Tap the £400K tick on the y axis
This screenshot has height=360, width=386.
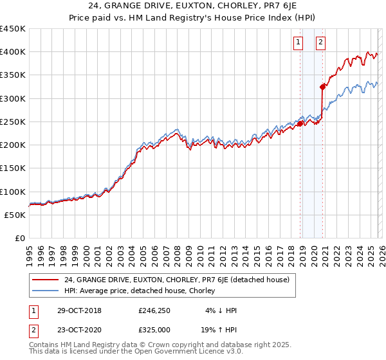click(13, 52)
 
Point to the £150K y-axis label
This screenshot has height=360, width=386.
click(13, 168)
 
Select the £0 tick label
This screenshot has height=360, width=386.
click(19, 239)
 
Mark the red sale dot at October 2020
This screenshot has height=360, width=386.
click(322, 87)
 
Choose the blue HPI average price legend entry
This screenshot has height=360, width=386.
click(142, 291)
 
